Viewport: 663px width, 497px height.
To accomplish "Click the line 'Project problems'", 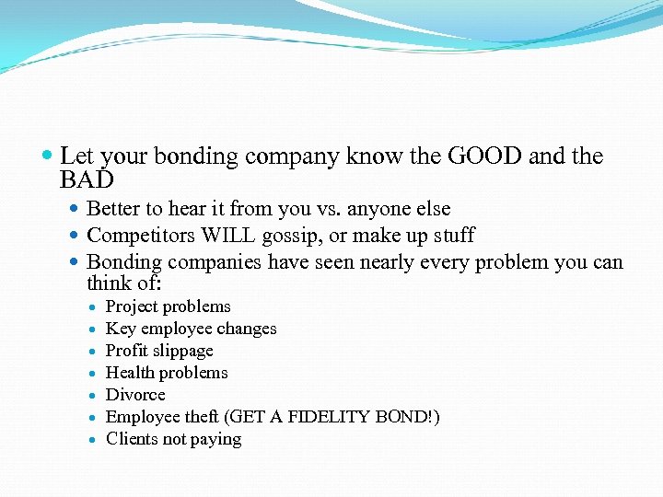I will point(169,306).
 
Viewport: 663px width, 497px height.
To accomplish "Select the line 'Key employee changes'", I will point(192,329).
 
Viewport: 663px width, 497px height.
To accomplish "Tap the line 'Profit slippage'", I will point(159,351).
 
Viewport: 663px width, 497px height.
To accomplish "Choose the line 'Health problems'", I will point(167,373).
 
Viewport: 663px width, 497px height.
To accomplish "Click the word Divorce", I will point(135,395).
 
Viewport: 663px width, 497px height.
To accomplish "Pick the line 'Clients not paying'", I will point(173,439).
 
